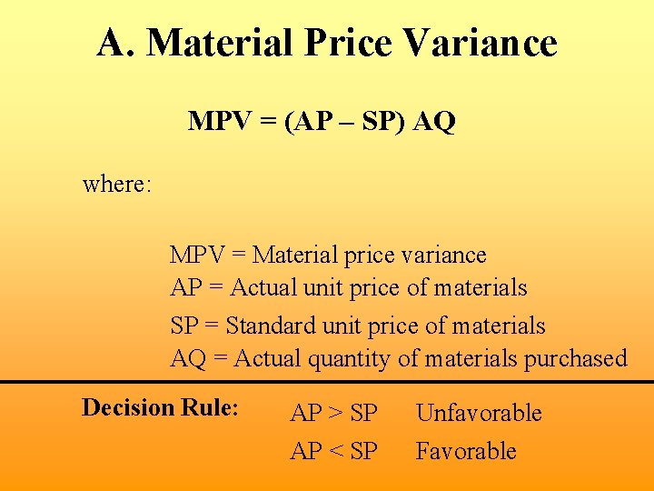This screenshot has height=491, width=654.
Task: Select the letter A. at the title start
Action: pyautogui.click(x=117, y=43)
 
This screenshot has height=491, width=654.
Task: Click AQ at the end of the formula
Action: pyautogui.click(x=434, y=122)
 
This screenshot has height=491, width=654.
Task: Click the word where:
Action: pyautogui.click(x=117, y=185)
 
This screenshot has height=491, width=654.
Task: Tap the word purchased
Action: pyautogui.click(x=575, y=358)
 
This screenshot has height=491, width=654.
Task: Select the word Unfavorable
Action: pyautogui.click(x=479, y=413)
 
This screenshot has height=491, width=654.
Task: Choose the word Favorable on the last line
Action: pyautogui.click(x=466, y=451)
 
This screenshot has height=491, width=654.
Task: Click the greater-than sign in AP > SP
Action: pyautogui.click(x=334, y=414)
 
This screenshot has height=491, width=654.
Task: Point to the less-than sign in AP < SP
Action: pyautogui.click(x=334, y=452)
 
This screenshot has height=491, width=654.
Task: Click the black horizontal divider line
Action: pyautogui.click(x=327, y=382)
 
